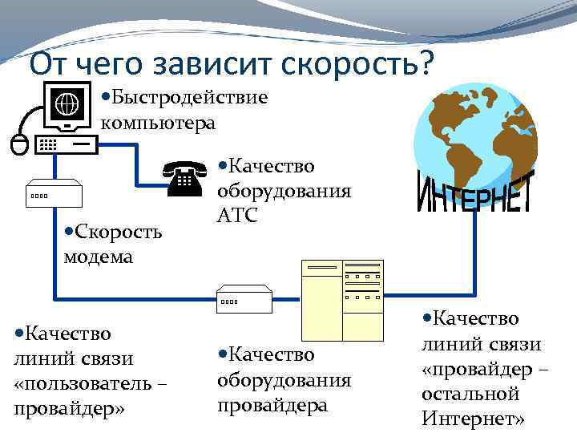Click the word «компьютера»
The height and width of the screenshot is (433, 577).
pyautogui.click(x=158, y=123)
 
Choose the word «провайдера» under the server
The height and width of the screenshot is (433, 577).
pyautogui.click(x=272, y=405)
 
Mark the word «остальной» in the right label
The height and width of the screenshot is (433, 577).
pyautogui.click(x=470, y=394)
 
